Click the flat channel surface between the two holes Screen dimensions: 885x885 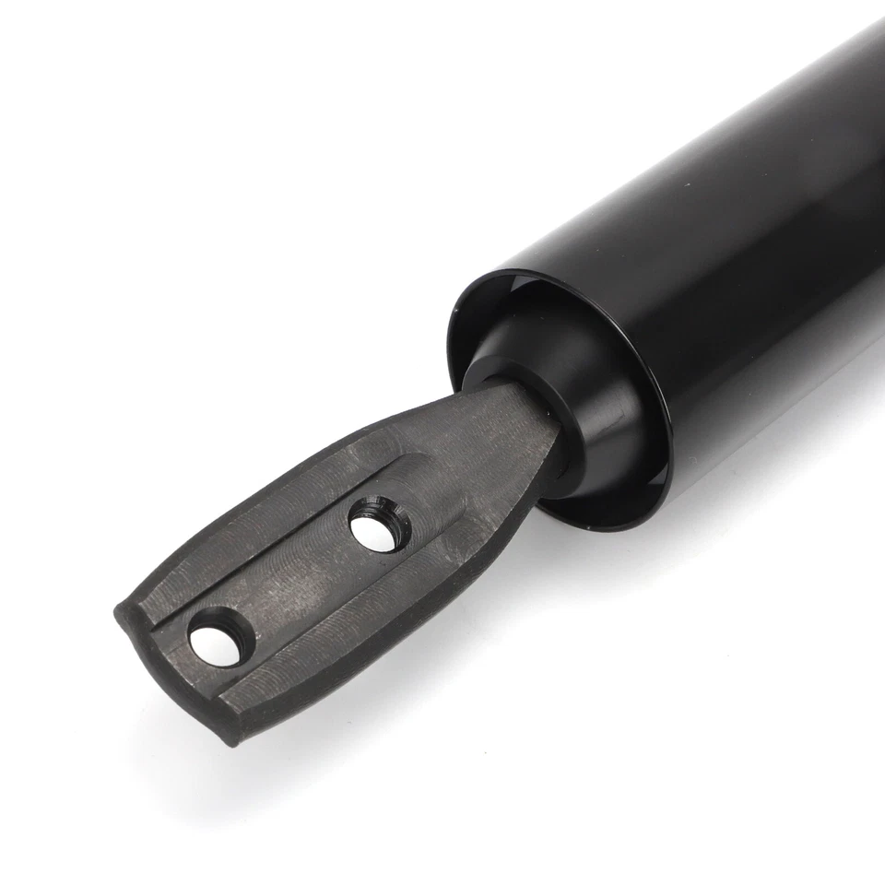[x=295, y=581]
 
